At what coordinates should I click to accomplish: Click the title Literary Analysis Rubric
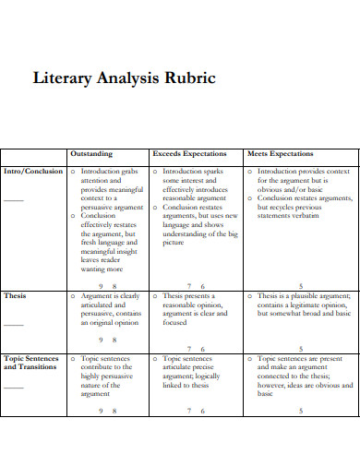(124, 78)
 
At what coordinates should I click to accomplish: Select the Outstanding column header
(91, 154)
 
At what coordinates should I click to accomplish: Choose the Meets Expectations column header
(280, 154)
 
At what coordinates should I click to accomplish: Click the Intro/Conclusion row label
(33, 172)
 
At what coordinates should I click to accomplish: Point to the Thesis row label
(16, 296)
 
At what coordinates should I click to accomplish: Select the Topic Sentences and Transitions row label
(31, 364)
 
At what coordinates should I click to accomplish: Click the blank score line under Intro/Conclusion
(13, 199)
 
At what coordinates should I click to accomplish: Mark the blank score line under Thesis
(13, 324)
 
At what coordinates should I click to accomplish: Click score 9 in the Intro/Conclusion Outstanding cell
(100, 286)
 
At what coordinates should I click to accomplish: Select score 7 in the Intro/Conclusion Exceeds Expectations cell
(188, 286)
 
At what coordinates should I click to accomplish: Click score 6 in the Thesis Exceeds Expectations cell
(202, 349)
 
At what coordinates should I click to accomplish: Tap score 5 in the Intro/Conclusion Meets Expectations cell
(300, 286)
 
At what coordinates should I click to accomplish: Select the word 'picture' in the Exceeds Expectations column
(174, 243)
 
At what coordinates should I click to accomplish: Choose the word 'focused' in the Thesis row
(175, 324)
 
